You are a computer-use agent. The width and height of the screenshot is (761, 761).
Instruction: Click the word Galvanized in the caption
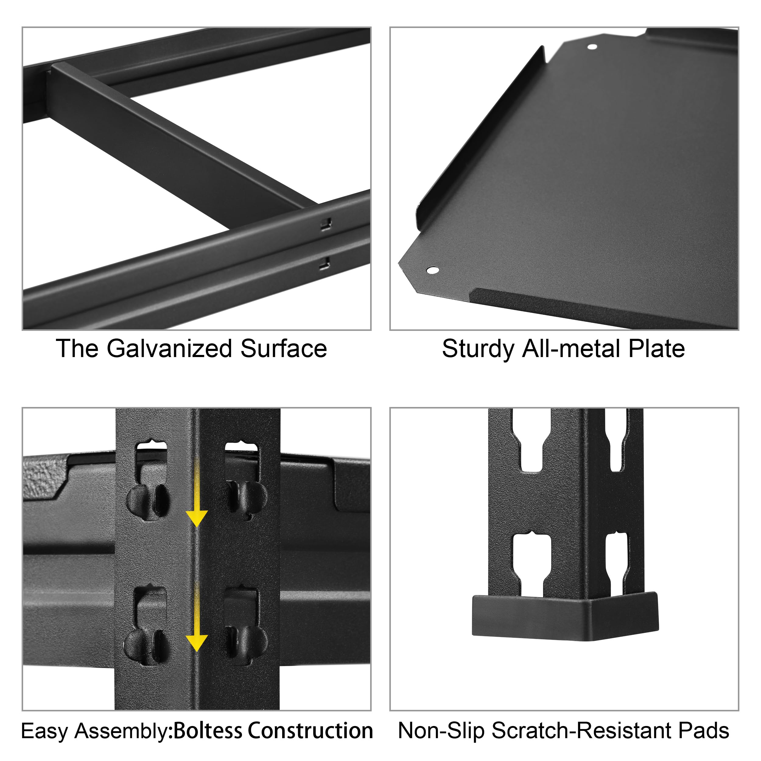pos(169,349)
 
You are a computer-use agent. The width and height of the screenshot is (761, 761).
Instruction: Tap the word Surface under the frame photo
pos(284,349)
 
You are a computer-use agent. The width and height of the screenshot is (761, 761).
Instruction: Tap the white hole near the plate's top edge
pos(592,47)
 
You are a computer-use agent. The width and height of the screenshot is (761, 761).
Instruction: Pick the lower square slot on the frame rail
pos(324,263)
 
